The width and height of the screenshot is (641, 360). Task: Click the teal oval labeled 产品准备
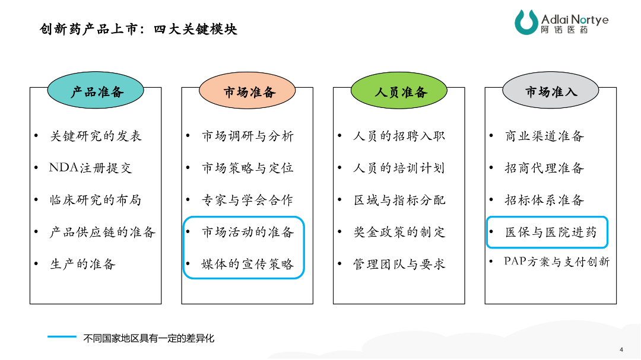[96, 90]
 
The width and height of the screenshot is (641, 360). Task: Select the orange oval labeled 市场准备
[247, 90]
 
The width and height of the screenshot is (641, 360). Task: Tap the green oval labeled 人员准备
[399, 90]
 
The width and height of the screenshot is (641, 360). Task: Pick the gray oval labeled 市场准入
[551, 90]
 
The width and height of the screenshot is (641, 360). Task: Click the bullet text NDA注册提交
[90, 167]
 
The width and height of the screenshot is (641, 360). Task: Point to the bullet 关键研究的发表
[96, 136]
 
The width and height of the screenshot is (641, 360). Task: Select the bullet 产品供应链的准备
[103, 232]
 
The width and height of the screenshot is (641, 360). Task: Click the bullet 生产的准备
[82, 264]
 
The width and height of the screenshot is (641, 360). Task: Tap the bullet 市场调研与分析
[247, 136]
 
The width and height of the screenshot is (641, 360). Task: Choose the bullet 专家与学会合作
[247, 200]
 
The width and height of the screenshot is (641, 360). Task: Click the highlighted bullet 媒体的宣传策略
[247, 264]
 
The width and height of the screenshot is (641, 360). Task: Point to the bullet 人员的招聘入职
[399, 136]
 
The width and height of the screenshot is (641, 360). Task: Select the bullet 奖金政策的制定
[399, 232]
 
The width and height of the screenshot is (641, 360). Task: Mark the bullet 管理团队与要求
[399, 264]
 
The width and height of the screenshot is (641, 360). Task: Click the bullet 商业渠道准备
[544, 136]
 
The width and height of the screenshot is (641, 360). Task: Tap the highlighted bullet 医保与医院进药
[551, 232]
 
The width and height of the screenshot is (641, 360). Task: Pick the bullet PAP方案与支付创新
[557, 262]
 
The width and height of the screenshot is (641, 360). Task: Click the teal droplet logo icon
[526, 22]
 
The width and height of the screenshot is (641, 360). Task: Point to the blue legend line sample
[62, 337]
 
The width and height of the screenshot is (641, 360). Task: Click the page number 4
[621, 349]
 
